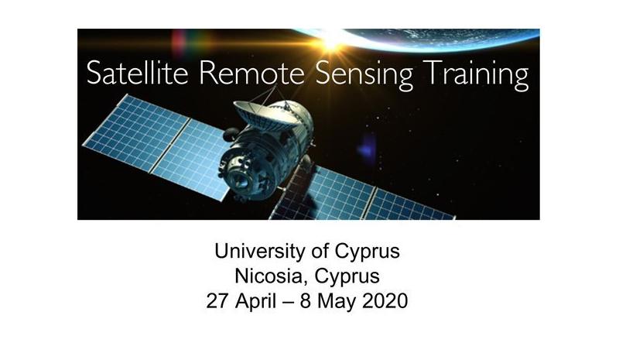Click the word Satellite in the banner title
point(137,72)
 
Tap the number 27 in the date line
point(217,301)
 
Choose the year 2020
point(385,301)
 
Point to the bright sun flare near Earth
point(333,43)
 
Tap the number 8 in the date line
point(306,301)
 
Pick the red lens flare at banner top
point(180,43)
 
